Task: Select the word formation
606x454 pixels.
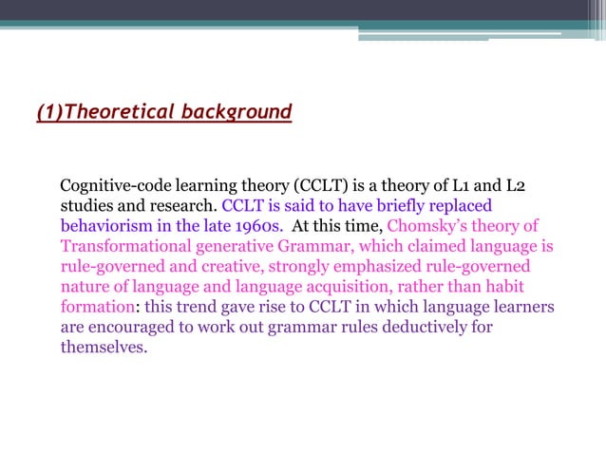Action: coord(96,308)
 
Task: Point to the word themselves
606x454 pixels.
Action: coord(104,348)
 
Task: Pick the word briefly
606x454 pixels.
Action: coord(388,205)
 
